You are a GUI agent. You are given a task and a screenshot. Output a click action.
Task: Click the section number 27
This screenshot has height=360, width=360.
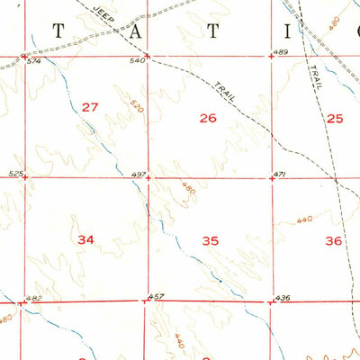click(89, 108)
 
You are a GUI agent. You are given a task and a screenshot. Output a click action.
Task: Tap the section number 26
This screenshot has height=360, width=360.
click(208, 118)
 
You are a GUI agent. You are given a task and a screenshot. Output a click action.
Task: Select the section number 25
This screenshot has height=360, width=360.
click(335, 118)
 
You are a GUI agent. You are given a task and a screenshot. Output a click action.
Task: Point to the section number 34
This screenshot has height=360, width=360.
click(86, 239)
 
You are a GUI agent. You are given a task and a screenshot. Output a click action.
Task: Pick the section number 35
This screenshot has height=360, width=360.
click(211, 240)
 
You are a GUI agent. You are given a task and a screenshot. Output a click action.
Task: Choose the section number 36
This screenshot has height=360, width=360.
click(334, 240)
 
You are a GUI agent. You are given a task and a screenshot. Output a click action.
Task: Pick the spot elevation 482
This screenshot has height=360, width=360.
click(34, 298)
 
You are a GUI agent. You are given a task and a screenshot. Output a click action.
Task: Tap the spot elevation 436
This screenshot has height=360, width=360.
click(282, 297)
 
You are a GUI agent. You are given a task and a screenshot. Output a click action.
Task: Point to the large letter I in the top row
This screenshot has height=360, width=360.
click(289, 31)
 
